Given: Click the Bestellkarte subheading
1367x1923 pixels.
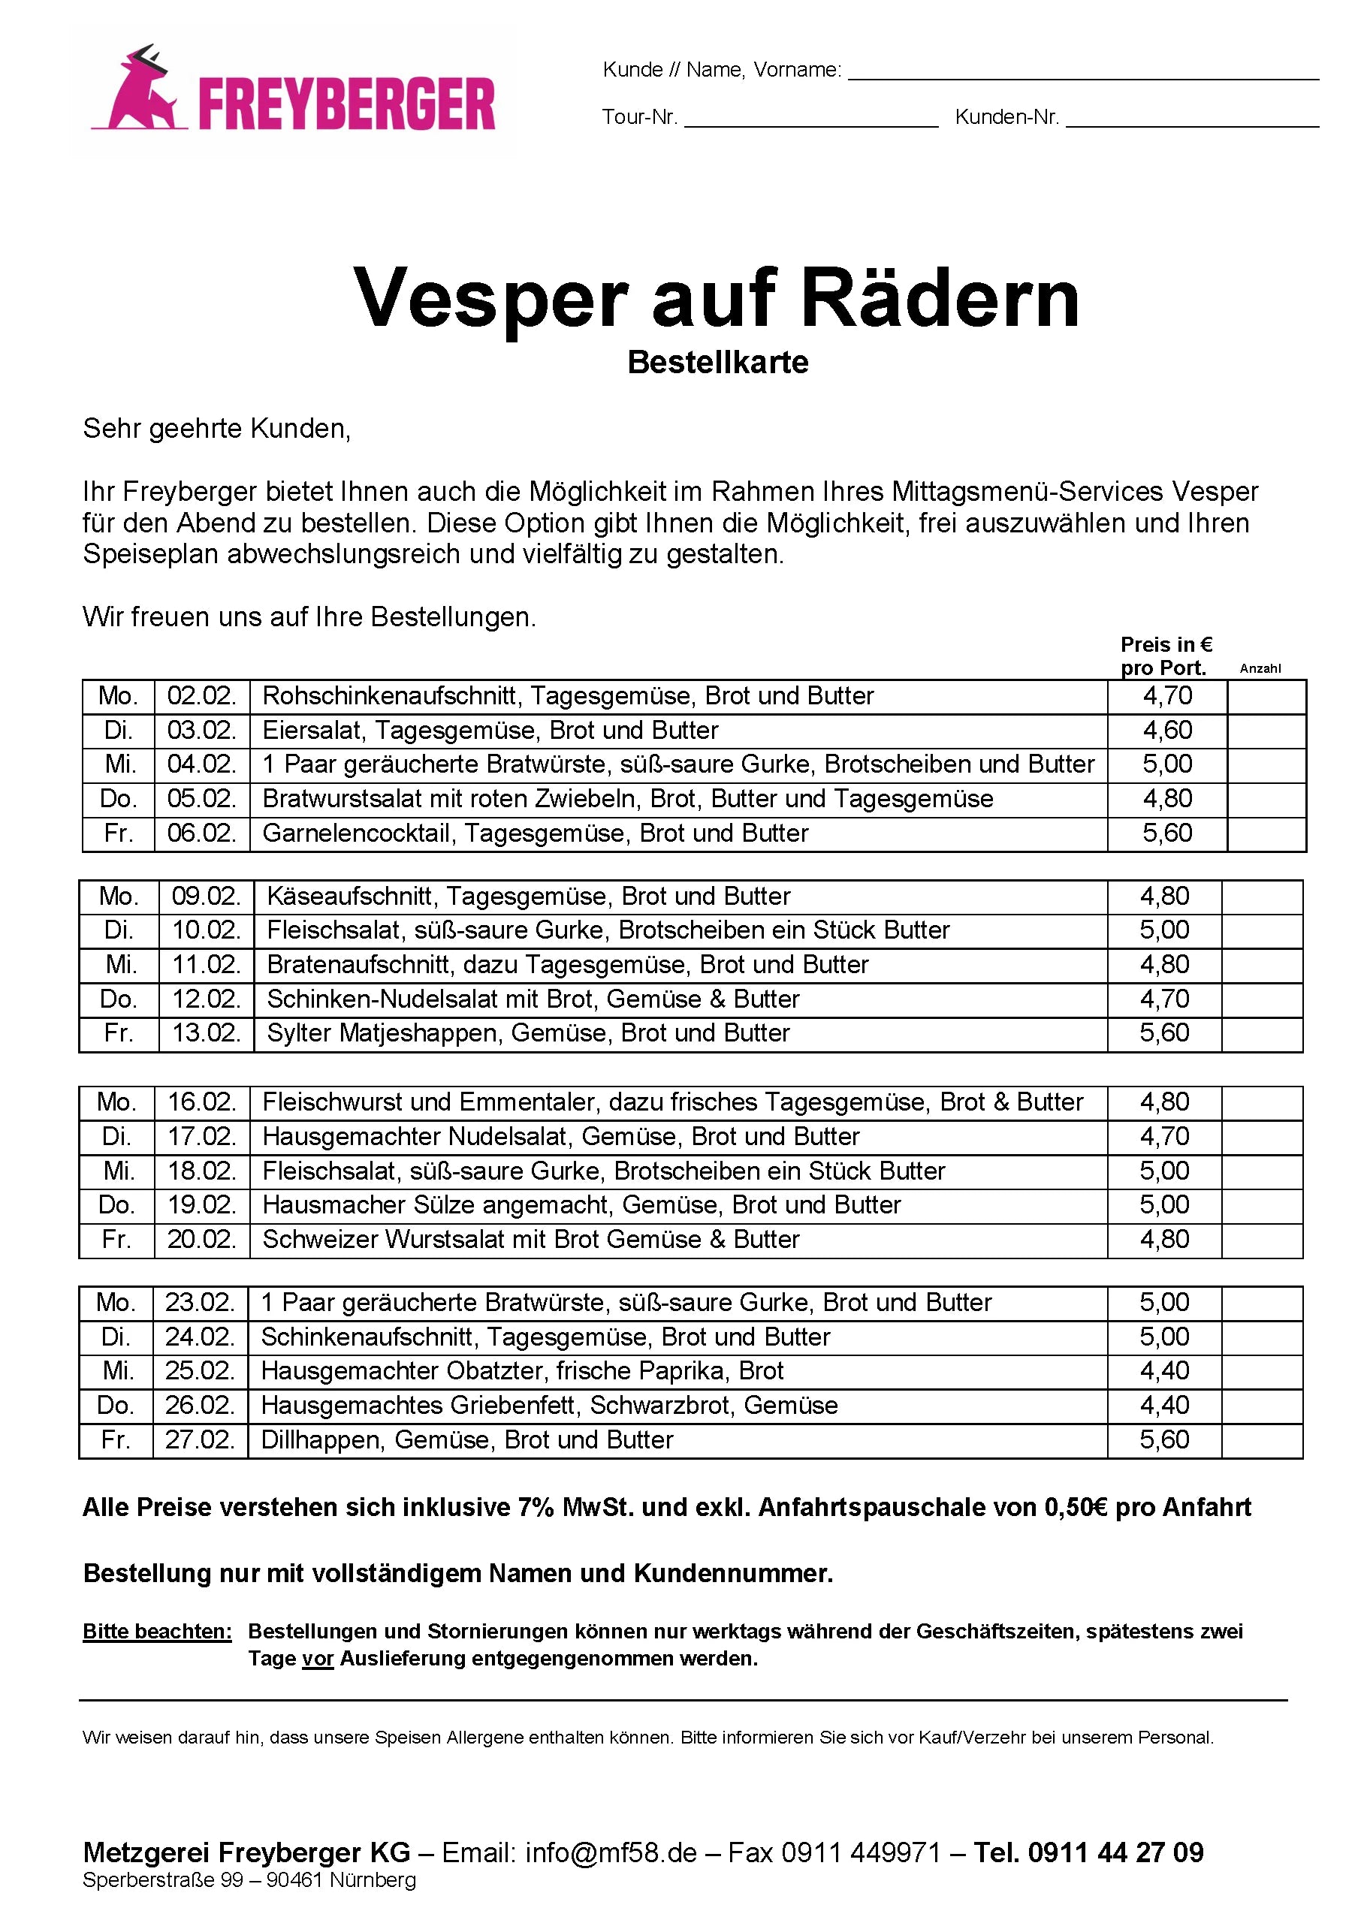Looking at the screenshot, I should (x=718, y=362).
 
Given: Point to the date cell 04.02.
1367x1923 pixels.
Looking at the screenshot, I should (x=202, y=764).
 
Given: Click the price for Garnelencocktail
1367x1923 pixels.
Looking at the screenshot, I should (x=1166, y=833).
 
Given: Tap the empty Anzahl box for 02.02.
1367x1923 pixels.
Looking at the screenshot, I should (x=1266, y=696).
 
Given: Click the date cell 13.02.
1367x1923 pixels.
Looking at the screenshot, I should (x=207, y=1033).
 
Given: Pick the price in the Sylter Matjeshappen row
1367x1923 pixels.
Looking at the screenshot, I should (x=1164, y=1033).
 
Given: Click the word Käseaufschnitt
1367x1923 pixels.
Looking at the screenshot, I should (x=350, y=897).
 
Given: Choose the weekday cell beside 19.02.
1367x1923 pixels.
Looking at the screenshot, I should (x=116, y=1205).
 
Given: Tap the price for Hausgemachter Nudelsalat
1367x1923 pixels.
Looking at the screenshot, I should (x=1164, y=1137).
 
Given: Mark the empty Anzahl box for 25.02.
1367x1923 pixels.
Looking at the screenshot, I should (x=1261, y=1371).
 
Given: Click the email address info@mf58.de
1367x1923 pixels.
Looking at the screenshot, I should (x=611, y=1852).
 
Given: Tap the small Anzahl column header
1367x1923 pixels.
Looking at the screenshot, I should (x=1260, y=668).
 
